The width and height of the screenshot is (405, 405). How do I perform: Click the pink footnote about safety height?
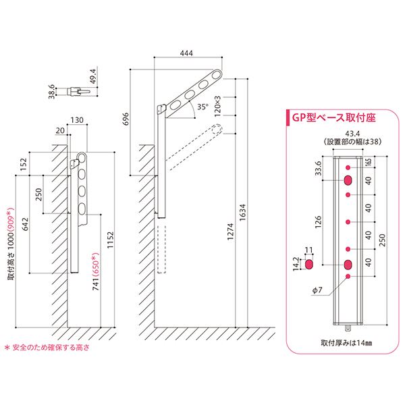tap(47, 348)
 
